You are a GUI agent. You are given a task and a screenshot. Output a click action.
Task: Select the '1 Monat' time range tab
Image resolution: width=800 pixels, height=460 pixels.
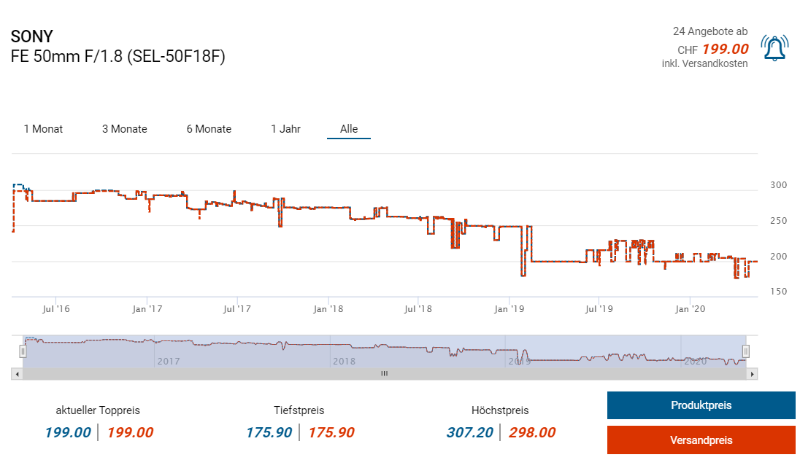click(43, 129)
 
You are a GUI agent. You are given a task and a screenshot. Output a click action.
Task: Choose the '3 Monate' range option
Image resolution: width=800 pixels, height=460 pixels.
click(124, 129)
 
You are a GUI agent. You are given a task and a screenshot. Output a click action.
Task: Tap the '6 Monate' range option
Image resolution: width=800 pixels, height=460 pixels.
click(209, 129)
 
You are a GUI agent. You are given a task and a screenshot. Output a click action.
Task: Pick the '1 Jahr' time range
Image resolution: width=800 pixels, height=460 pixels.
click(285, 129)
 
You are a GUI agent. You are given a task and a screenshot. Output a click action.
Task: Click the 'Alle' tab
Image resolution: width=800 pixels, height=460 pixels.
click(349, 129)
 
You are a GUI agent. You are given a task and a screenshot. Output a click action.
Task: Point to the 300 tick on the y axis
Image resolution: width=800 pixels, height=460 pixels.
click(778, 185)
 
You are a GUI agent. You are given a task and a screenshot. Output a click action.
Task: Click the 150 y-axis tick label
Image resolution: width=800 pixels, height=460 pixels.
click(778, 292)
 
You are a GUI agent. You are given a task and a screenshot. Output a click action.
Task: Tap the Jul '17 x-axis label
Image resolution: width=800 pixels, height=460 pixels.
click(236, 309)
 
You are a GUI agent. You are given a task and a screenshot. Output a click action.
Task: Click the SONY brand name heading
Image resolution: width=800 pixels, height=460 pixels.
click(32, 36)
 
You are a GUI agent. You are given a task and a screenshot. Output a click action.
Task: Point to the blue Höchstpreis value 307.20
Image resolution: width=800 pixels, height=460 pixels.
click(469, 432)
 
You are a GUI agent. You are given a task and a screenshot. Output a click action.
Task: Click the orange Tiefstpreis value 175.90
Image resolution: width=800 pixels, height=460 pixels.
click(331, 432)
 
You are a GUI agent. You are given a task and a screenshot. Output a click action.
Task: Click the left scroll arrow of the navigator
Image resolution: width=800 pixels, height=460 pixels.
click(15, 373)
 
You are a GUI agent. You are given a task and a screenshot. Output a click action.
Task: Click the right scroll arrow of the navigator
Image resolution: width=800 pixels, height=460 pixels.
click(753, 373)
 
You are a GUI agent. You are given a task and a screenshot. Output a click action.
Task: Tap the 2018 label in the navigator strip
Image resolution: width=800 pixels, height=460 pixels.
click(343, 361)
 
